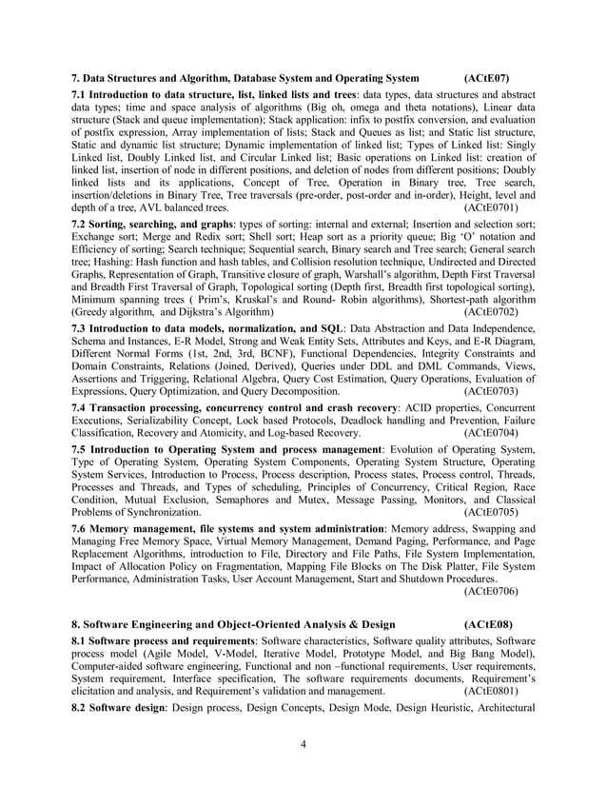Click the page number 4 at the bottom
pyautogui.click(x=303, y=743)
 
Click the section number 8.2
pyautogui.click(x=84, y=711)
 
